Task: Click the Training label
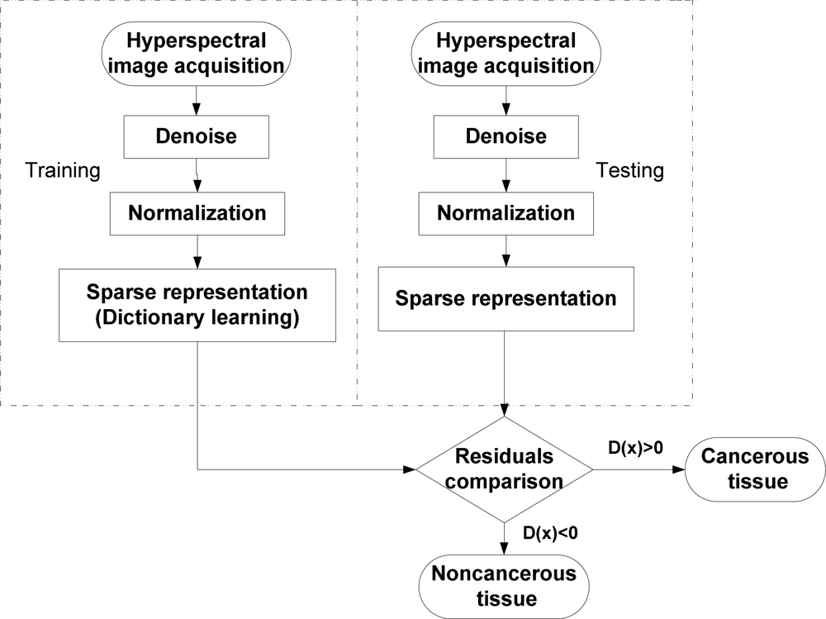[63, 171]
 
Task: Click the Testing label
[629, 171]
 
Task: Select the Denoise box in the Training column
[197, 136]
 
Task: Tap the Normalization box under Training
[197, 212]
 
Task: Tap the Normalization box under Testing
[506, 212]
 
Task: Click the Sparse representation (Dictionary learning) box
[197, 305]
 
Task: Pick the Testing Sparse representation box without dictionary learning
[506, 298]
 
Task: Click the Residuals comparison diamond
[505, 469]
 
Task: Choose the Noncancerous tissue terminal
[505, 584]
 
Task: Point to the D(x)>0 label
[636, 448]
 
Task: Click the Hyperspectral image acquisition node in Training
[197, 52]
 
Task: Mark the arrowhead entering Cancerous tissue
[680, 469]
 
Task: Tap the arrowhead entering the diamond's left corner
[409, 469]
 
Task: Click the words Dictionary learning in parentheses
[197, 317]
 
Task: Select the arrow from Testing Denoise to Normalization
[505, 177]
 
